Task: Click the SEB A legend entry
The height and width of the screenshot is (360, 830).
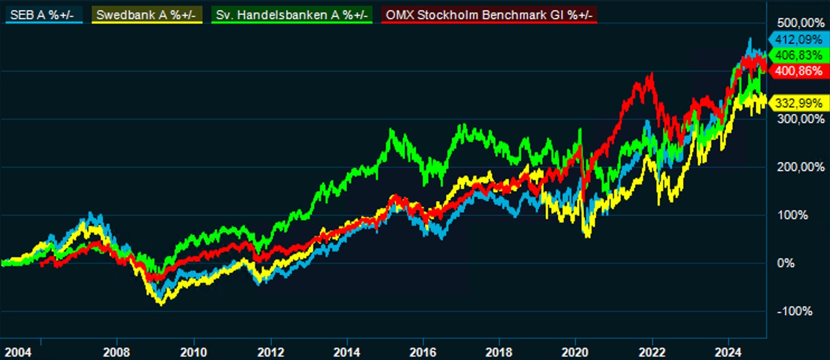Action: point(44,15)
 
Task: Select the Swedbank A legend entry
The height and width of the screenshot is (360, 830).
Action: point(147,15)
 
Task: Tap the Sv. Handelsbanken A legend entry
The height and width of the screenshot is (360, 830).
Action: point(291,15)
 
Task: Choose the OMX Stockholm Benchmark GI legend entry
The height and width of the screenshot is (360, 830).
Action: point(489,15)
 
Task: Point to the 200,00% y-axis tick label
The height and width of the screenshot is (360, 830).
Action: point(801,167)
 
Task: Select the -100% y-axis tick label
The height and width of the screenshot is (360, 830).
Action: point(794,311)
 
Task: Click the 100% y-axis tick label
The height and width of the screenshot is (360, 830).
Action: point(794,215)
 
